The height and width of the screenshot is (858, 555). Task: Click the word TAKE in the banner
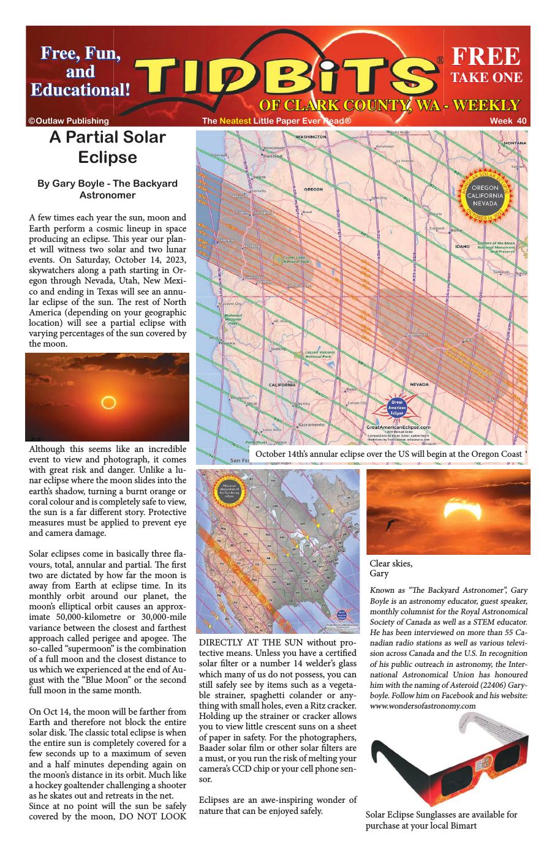coord(469,77)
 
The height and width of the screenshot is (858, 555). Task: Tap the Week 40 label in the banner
coord(508,121)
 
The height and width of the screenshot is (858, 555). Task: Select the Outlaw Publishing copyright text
coord(68,121)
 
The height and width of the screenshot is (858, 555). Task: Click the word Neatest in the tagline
coord(235,121)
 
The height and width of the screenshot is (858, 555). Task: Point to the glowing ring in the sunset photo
coord(108,402)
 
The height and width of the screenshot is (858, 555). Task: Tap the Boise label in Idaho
coord(456,230)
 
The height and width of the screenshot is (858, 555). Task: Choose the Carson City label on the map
coord(357,403)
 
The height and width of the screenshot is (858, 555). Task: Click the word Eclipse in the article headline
coord(107,157)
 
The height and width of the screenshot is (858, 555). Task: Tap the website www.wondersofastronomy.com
coord(423,706)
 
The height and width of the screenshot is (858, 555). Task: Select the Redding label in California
coord(279,348)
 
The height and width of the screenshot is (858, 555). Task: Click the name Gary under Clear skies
coord(379,574)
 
